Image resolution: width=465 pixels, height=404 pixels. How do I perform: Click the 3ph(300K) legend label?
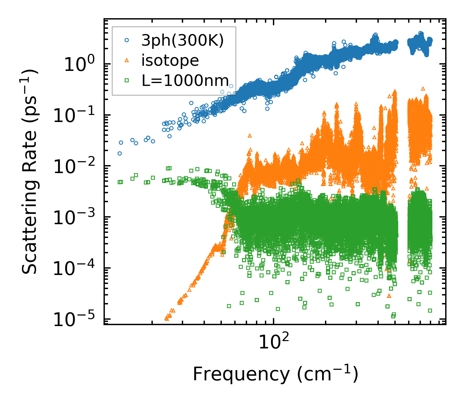click(x=182, y=41)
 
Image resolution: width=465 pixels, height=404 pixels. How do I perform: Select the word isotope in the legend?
click(x=170, y=60)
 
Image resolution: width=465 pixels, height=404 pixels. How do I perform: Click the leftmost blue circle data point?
click(x=120, y=153)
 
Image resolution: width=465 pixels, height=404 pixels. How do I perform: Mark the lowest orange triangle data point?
click(x=167, y=318)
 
